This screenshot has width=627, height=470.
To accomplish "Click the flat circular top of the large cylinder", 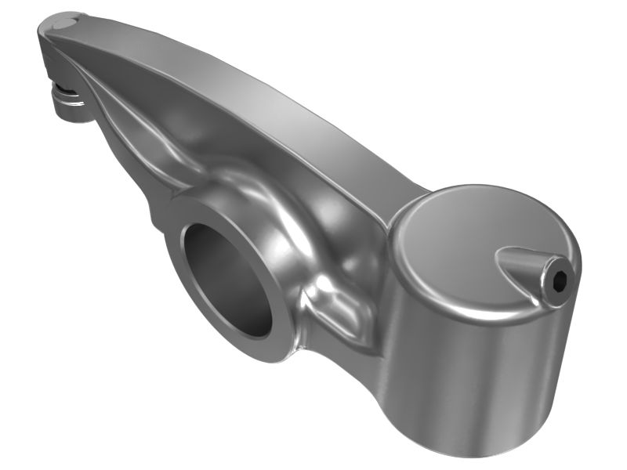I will pos(462,235).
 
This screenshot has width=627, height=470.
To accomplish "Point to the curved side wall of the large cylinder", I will pos(470,368).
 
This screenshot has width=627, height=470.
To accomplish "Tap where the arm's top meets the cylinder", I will pos(408,200).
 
